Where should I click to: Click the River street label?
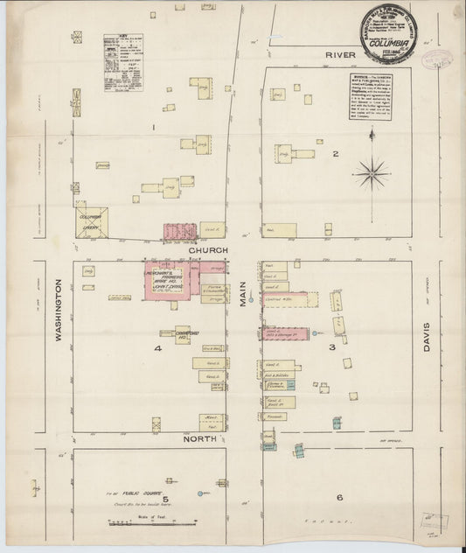pyautogui.click(x=335, y=55)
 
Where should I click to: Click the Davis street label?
pyautogui.click(x=428, y=335)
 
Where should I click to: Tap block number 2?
pyautogui.click(x=335, y=155)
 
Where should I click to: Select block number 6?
pyautogui.click(x=337, y=498)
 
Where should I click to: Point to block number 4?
pyautogui.click(x=158, y=349)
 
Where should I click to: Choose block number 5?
pyautogui.click(x=152, y=500)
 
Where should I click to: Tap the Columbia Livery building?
pyautogui.click(x=91, y=222)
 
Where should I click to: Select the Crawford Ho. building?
pyautogui.click(x=182, y=334)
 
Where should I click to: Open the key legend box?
pyautogui.click(x=122, y=62)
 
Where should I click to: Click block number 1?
pyautogui.click(x=154, y=128)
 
